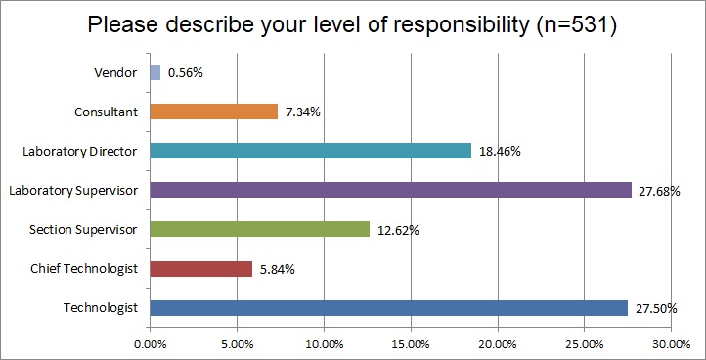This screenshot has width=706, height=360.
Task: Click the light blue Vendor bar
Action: coord(154,72)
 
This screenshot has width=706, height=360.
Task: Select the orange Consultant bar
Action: coord(213,112)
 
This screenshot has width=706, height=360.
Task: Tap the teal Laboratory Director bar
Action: coord(310,151)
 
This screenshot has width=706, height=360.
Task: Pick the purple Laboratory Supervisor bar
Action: coord(390,190)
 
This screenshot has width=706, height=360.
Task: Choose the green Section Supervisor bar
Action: coord(259,229)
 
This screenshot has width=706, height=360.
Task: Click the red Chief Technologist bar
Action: coord(200,268)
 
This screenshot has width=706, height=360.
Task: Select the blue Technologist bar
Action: coord(388,307)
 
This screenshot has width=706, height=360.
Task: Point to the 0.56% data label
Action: coord(186,72)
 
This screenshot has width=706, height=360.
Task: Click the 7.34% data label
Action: coord(303,112)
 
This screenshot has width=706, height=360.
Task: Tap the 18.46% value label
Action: coord(500,151)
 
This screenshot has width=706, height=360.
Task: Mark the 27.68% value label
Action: coord(660,190)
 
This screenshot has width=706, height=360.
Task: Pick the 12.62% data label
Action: coord(398,229)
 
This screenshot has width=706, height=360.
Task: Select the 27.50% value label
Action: coord(657,307)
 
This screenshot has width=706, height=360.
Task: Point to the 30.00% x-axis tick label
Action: coord(672,343)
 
